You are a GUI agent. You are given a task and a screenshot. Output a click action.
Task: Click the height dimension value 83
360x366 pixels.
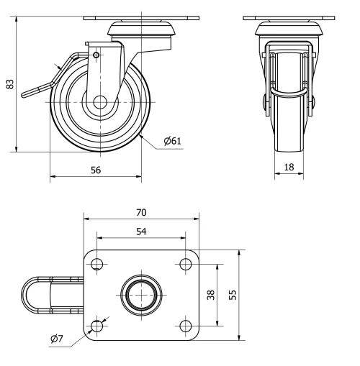coord(9,84)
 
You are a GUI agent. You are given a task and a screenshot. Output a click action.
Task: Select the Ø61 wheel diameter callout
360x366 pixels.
coord(172,141)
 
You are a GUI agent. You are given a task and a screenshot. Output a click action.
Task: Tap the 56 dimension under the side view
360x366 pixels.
coord(94,170)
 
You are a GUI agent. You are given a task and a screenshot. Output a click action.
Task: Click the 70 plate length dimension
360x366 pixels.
coord(140,212)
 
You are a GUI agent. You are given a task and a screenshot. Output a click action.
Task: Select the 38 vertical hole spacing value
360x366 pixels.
coord(211,295)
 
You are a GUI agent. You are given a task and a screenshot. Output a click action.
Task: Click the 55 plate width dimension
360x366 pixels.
coord(231,295)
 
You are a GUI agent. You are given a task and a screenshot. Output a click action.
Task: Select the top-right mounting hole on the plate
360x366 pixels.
coord(185,263)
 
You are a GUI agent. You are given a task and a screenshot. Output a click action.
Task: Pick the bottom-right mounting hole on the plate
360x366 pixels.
coord(185,326)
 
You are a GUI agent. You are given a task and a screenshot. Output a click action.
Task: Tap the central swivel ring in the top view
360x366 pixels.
coord(140,295)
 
